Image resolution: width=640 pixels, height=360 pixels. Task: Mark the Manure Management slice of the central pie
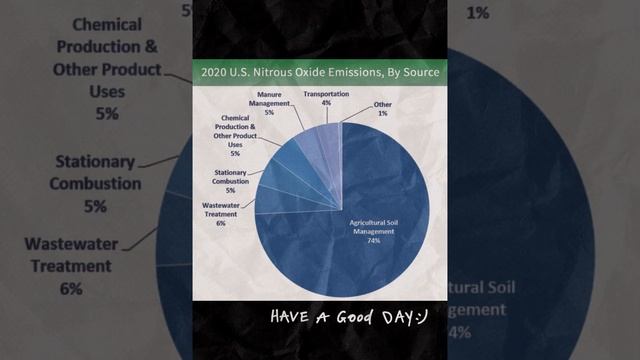click(316, 155)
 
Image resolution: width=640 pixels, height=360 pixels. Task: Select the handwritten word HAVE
click(290, 318)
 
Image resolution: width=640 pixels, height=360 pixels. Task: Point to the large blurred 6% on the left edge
click(70, 289)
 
